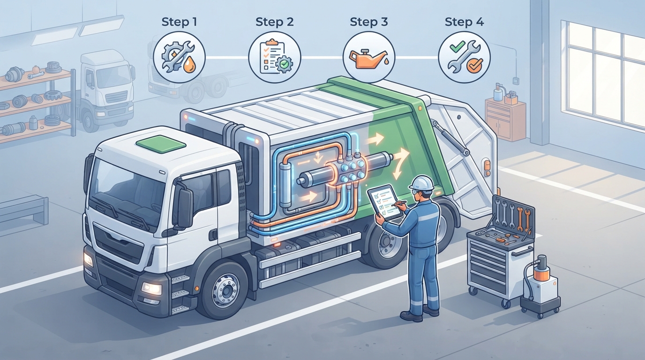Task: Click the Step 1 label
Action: coord(179,22)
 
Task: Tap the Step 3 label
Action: coord(369,22)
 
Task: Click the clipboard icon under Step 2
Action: coord(274,57)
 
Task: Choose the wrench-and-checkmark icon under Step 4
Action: coord(464,57)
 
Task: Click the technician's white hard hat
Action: coord(422,183)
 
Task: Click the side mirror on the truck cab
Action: coord(185,205)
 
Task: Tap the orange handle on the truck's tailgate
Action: coord(487,168)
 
